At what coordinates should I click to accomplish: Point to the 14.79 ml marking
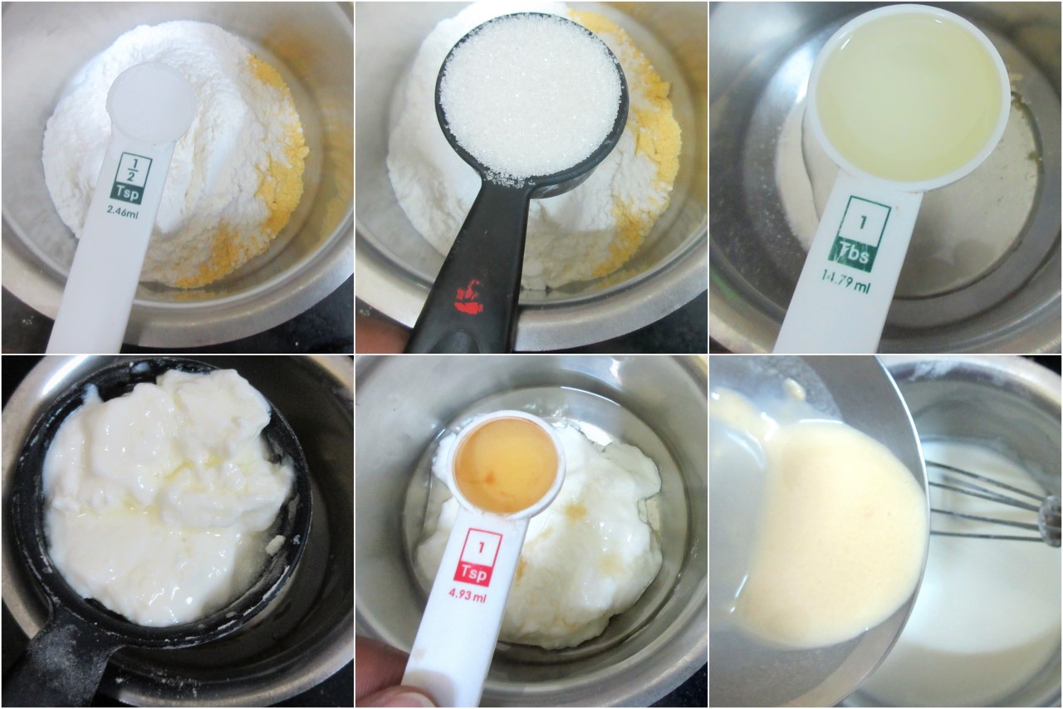[x=846, y=285]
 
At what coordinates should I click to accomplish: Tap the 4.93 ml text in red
[x=468, y=594]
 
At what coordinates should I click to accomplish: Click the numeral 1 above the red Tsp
[x=481, y=548]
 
